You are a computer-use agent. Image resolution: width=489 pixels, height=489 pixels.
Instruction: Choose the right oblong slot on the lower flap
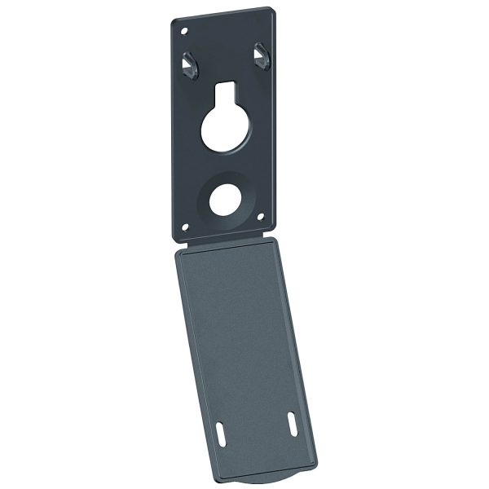click(291, 425)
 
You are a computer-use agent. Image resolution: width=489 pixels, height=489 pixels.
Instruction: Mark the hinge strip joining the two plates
click(224, 242)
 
